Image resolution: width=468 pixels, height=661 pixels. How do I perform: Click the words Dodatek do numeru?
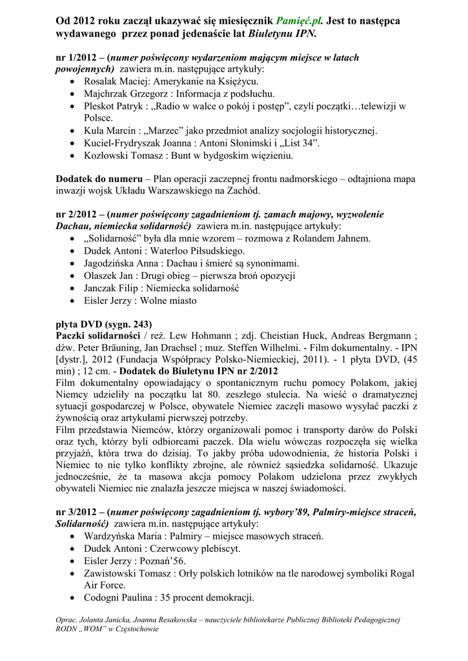click(99, 178)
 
